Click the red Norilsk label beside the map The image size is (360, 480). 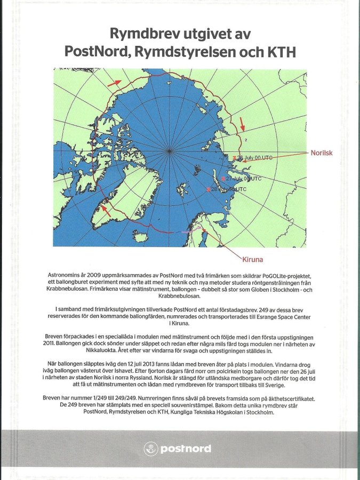point(321,153)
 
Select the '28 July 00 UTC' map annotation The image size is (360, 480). point(229,189)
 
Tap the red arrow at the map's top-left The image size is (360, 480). point(115,83)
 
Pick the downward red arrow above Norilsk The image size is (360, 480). point(243,124)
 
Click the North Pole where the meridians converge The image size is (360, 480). point(170,151)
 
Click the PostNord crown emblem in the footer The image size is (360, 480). point(150,449)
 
